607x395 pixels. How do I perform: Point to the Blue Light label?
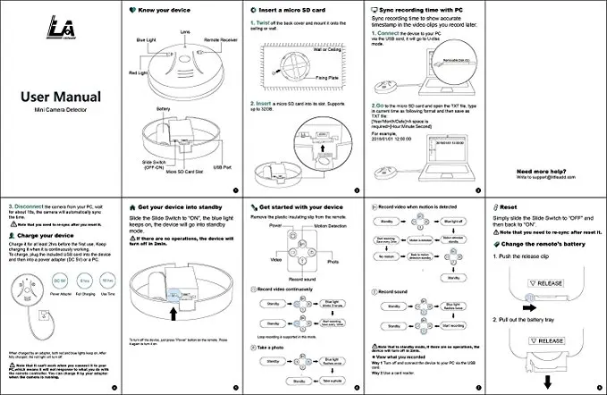click(145, 40)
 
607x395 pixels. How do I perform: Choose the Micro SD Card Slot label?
click(184, 170)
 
